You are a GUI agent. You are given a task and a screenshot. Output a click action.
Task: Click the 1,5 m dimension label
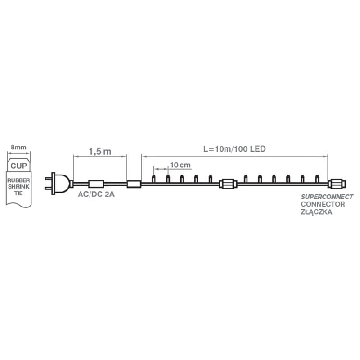click(100, 152)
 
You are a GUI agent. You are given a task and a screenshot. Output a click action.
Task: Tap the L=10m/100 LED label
click(234, 149)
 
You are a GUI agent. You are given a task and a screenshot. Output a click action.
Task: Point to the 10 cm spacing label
click(180, 165)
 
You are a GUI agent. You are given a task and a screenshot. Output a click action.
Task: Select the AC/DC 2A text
click(96, 194)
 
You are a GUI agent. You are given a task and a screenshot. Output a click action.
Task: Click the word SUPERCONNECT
click(327, 197)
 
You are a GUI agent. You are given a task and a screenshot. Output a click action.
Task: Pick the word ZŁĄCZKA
click(316, 212)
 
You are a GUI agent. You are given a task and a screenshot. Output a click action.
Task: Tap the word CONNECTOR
click(323, 204)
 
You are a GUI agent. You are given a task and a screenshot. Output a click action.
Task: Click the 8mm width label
click(18, 147)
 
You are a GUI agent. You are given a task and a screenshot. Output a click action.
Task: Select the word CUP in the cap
click(18, 166)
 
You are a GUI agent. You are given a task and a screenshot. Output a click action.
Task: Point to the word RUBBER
click(18, 180)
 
